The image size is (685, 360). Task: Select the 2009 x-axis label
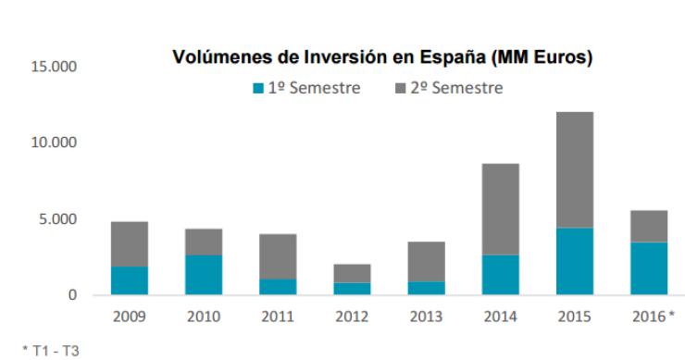[129, 317]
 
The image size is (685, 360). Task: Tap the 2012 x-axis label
[351, 317]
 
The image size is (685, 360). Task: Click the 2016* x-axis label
[651, 317]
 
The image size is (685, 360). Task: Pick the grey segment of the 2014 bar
[500, 209]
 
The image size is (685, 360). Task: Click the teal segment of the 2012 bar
[351, 289]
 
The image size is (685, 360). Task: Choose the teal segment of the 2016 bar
[648, 268]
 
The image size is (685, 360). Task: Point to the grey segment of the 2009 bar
[129, 243]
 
